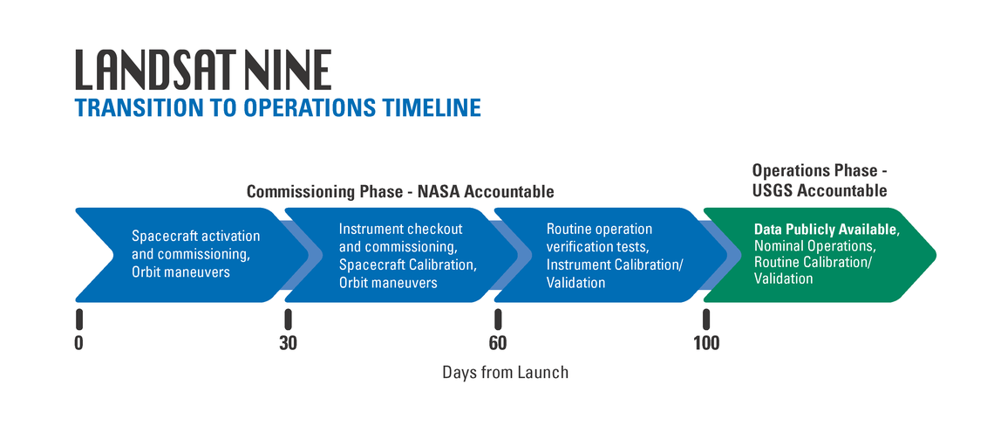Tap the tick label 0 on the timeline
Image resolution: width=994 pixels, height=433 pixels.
(x=78, y=343)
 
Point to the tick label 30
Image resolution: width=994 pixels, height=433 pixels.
(x=288, y=343)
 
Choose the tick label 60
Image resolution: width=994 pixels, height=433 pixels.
(x=498, y=343)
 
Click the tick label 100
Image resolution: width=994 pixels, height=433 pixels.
(x=706, y=343)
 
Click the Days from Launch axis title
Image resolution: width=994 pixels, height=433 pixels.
(x=505, y=372)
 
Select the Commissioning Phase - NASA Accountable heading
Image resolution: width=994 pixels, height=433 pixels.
(x=400, y=192)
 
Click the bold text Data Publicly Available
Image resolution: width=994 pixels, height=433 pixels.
(x=826, y=230)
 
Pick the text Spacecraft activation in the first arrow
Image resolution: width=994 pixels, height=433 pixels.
(x=196, y=237)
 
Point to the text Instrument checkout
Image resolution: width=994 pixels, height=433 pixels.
(x=401, y=229)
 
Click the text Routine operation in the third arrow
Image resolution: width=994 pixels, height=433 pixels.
(x=599, y=229)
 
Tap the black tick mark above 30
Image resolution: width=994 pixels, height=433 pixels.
(x=288, y=320)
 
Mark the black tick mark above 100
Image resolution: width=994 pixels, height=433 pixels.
(x=706, y=320)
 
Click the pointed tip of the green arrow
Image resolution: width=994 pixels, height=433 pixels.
(x=936, y=255)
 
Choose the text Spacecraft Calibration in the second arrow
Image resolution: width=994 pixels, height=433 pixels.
(x=407, y=265)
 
